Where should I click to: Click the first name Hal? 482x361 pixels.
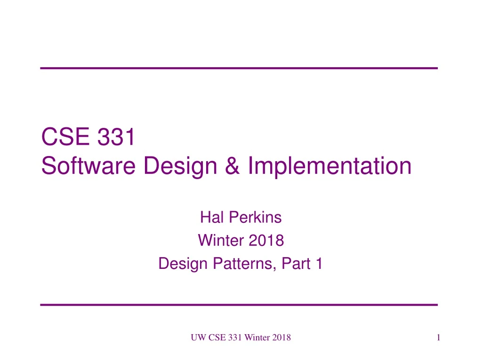pos(210,218)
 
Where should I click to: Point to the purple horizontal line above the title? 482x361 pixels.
pos(239,69)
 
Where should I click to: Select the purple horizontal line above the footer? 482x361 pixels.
pos(239,305)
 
